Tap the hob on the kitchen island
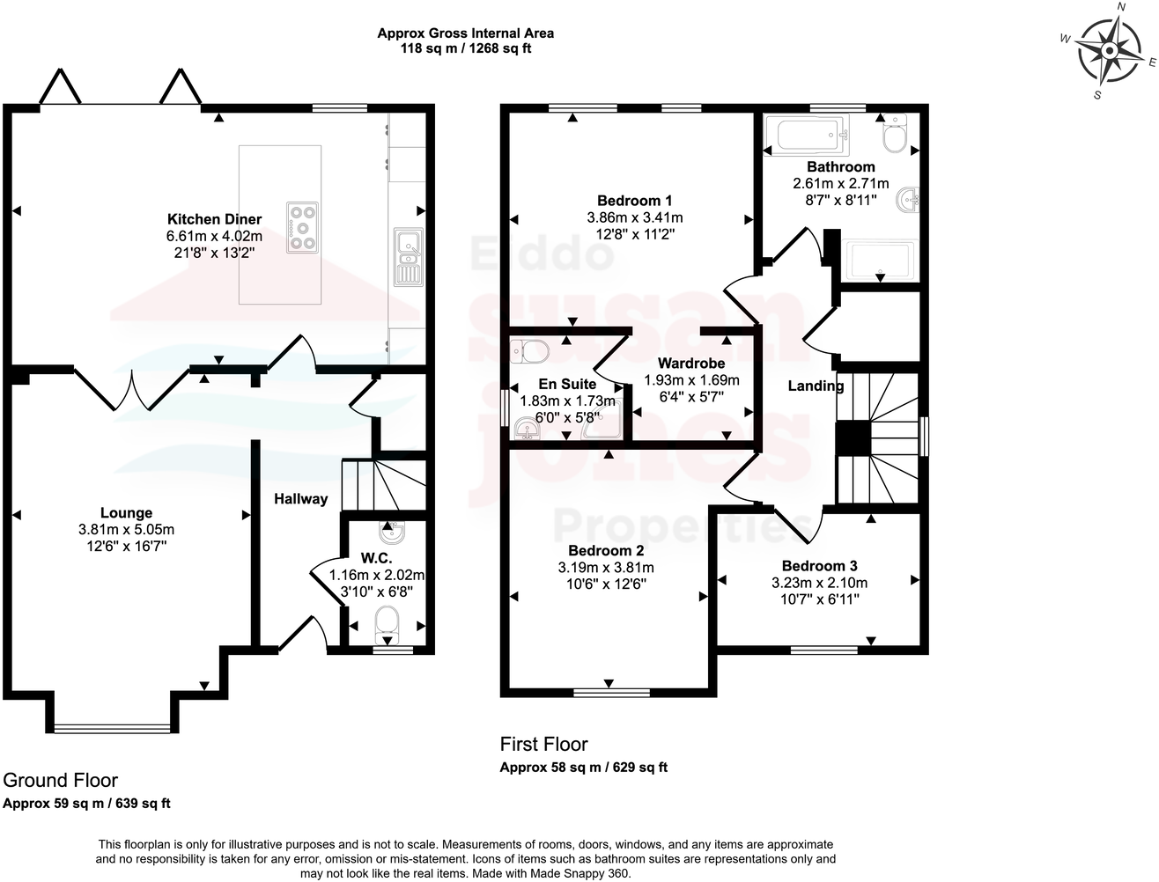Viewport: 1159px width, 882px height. tap(304, 228)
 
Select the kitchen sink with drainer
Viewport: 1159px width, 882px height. tap(408, 257)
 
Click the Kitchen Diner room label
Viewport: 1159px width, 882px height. tap(215, 219)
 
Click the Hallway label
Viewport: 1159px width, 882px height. tap(300, 499)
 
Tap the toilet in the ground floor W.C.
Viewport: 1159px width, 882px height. tap(387, 622)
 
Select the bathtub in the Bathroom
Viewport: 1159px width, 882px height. tap(808, 136)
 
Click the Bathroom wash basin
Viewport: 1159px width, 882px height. tap(907, 202)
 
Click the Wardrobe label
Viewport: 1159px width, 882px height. tap(691, 363)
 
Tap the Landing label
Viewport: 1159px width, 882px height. tap(815, 386)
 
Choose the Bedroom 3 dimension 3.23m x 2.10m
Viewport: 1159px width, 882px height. tap(819, 583)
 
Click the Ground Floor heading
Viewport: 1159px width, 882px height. tap(61, 780)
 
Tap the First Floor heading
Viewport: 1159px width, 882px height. tap(543, 745)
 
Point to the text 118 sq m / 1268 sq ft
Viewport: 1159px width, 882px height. tap(466, 49)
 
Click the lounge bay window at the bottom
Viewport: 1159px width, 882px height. tap(111, 728)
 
